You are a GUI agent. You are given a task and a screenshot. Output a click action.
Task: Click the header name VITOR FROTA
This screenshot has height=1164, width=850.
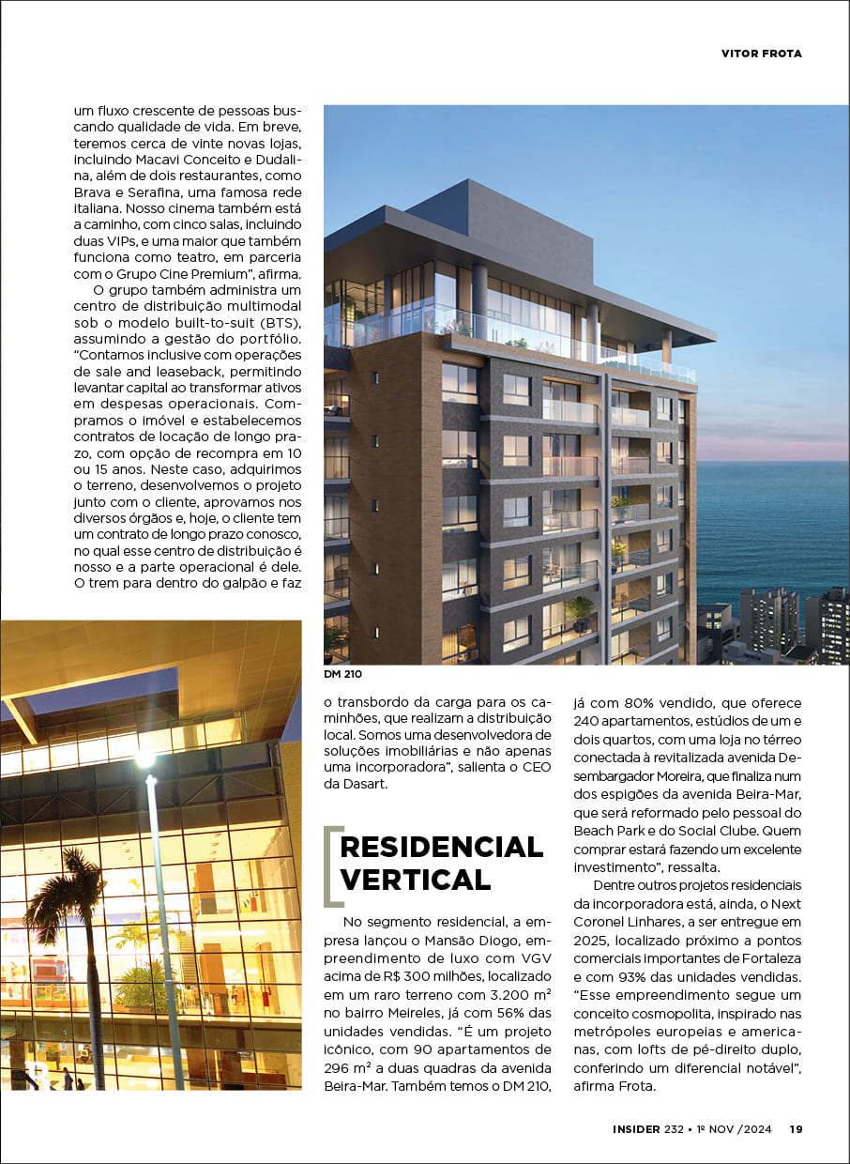(761, 54)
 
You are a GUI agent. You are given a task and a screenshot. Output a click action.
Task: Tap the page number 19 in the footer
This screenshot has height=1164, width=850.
(796, 1129)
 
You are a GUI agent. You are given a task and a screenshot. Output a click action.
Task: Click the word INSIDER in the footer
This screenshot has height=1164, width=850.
(631, 1129)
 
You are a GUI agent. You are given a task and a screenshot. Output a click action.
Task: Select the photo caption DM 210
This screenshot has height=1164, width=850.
(343, 674)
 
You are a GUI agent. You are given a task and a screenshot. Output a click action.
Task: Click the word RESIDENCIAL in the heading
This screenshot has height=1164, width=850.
(441, 847)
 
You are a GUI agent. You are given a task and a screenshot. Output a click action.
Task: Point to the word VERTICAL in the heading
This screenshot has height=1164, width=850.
(415, 880)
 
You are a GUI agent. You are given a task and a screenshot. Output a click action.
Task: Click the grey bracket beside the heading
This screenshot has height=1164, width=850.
(329, 865)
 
